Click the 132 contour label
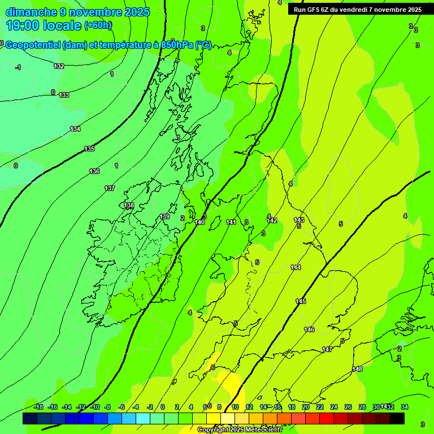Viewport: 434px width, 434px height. [x=59, y=66]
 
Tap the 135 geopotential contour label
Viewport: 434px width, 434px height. [x=89, y=149]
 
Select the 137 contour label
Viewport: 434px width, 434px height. [x=110, y=188]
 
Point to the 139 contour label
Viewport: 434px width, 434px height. [x=164, y=216]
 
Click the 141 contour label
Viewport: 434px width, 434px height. [x=231, y=222]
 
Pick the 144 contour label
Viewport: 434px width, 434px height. [x=296, y=267]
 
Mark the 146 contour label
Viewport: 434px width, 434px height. [x=309, y=329]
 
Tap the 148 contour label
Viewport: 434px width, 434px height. [x=357, y=369]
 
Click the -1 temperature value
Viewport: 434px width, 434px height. [x=18, y=67]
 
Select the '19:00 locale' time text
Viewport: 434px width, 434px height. [x=43, y=25]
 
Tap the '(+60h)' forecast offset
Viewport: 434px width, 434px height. [x=98, y=25]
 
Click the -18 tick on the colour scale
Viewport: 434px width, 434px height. [x=38, y=407]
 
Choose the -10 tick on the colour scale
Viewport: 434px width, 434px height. [x=94, y=407]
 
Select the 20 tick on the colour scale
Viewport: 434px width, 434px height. [x=305, y=407]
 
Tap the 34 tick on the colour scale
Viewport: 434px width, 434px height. [x=404, y=407]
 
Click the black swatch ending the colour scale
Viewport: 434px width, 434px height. [x=397, y=418]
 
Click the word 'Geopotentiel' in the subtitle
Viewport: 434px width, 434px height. [x=33, y=45]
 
